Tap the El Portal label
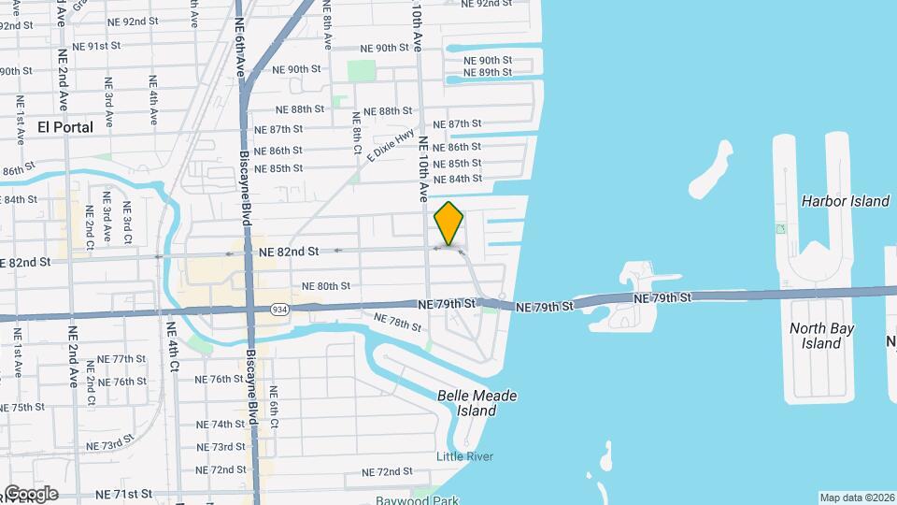(65, 126)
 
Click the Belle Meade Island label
(477, 403)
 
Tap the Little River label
(464, 456)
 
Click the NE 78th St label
(398, 323)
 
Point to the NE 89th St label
(488, 73)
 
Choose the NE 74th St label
(221, 424)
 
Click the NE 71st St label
(128, 493)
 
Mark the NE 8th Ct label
(356, 133)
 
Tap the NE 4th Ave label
(152, 95)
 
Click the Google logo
(30, 493)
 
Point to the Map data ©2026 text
(856, 498)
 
